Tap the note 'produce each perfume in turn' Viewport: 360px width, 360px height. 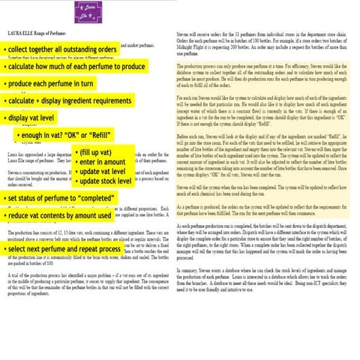[x=52, y=83]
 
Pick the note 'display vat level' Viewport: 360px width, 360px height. [x=33, y=118]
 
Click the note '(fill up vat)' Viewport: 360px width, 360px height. [x=97, y=153]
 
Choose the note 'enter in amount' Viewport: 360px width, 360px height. [x=103, y=162]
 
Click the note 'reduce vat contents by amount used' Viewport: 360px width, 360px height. [x=59, y=216]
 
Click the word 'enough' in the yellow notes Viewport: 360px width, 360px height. [x=34, y=135]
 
